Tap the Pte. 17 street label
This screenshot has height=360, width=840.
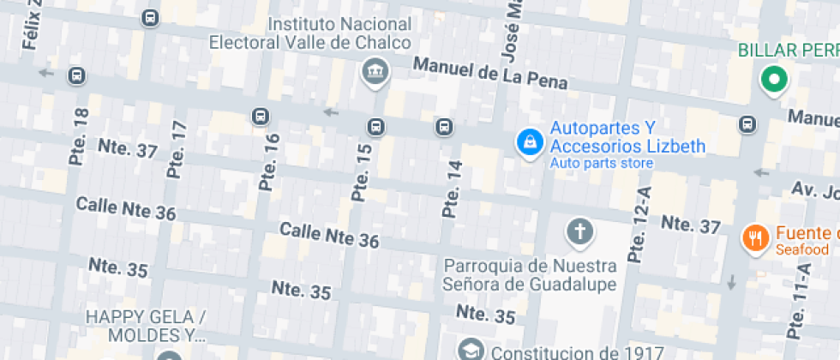pos(177,149)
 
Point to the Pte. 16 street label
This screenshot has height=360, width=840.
pos(269,162)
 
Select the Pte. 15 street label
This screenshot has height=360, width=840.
pos(363,172)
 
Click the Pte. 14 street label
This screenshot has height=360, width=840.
pos(452,189)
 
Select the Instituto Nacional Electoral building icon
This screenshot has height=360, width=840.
pos(375,72)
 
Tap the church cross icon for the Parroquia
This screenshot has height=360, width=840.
pos(580,231)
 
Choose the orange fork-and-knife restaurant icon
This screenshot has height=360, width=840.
pos(754,237)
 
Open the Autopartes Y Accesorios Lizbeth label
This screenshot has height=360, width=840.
pos(627,137)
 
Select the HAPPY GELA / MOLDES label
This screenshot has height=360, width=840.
pos(145,326)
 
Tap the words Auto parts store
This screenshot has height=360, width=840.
pos(601,163)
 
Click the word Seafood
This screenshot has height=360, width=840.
pos(802,250)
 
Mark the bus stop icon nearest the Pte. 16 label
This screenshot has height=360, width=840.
pos(260,116)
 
